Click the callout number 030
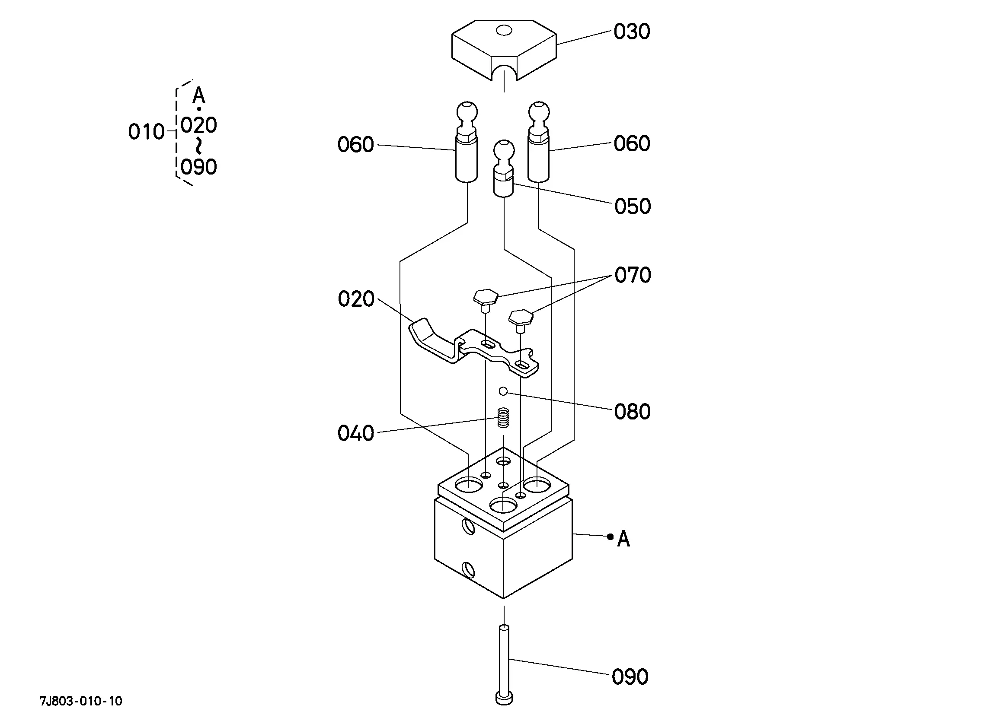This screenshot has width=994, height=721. (631, 32)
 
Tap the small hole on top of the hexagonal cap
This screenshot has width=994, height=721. (504, 31)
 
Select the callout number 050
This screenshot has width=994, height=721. (632, 206)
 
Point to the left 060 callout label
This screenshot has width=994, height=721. (355, 145)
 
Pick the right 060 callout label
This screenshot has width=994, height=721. (631, 144)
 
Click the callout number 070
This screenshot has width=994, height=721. (632, 275)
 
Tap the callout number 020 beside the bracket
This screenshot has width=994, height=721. (356, 299)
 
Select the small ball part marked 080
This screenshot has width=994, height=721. (503, 391)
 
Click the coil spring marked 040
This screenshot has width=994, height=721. (504, 417)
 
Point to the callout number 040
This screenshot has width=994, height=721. (355, 433)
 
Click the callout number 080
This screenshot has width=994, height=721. (632, 412)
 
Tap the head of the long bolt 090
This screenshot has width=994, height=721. (504, 698)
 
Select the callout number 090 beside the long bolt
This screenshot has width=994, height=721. (630, 677)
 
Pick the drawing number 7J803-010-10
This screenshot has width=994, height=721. (81, 701)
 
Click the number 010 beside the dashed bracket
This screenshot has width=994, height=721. (146, 132)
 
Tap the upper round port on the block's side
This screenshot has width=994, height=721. (468, 526)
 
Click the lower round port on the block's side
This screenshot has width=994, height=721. (468, 569)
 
